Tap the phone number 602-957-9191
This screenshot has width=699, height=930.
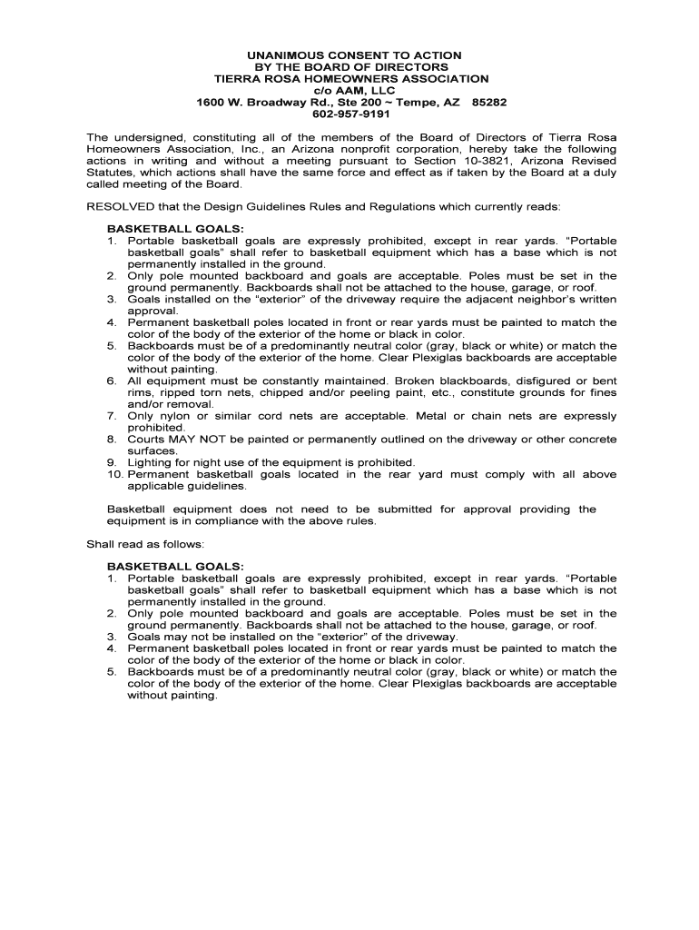350,114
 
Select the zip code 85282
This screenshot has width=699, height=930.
490,103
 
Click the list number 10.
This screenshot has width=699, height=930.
115,474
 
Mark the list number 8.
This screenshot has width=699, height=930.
112,440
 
